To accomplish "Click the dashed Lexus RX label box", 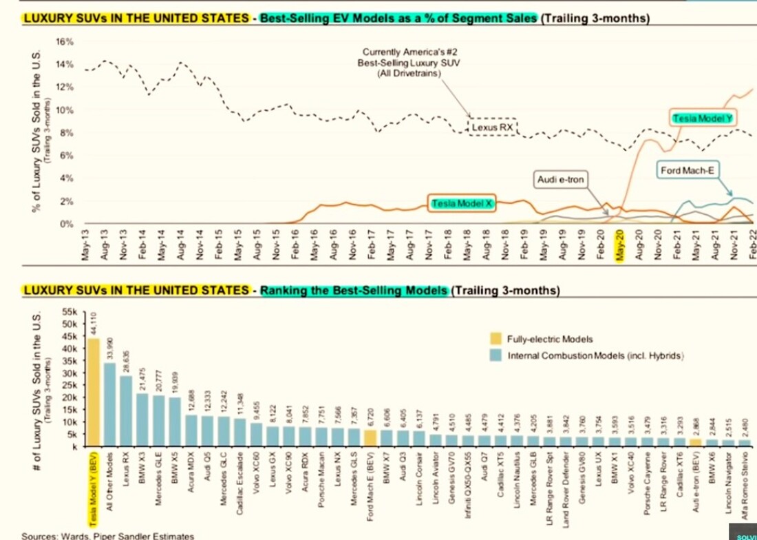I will (x=493, y=127).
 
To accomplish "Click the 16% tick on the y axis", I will (x=64, y=42).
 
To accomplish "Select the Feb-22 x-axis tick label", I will (x=752, y=244).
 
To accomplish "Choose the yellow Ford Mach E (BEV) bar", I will (x=370, y=437).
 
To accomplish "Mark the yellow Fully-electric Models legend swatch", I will (x=495, y=339).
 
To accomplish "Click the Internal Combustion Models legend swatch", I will (x=495, y=355).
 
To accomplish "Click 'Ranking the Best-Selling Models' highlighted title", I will (x=353, y=290).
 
